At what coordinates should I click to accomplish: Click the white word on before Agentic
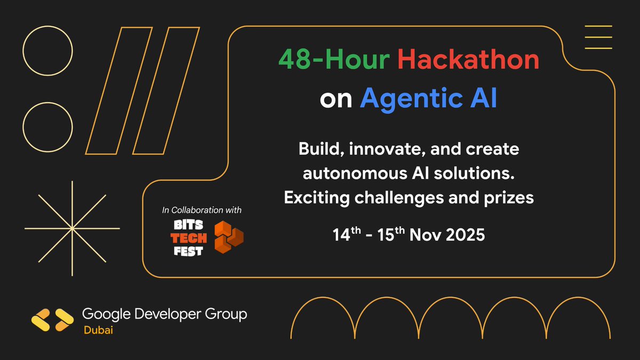[x=336, y=100]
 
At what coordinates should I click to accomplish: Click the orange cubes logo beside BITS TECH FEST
[x=228, y=237]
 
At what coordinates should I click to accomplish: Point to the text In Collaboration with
[x=202, y=210]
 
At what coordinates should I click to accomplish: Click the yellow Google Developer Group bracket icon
[x=52, y=319]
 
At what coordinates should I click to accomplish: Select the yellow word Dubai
[x=98, y=331]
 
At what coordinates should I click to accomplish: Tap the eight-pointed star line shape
[x=72, y=229]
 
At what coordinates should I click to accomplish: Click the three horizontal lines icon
[x=598, y=37]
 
